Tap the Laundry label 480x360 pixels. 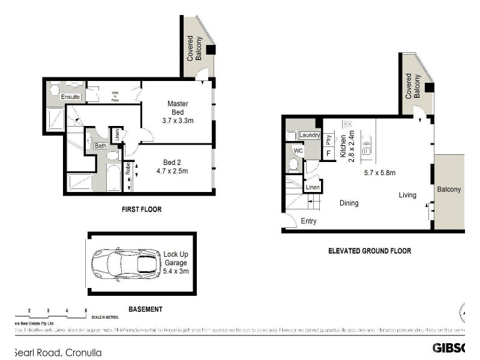pyautogui.click(x=309, y=135)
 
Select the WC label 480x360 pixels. pyautogui.click(x=298, y=150)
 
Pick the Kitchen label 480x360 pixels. pyautogui.click(x=344, y=146)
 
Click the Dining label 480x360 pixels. pyautogui.click(x=349, y=203)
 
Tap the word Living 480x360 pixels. pyautogui.click(x=408, y=196)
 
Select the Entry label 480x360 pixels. pyautogui.click(x=308, y=221)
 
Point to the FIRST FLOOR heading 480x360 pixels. pyautogui.click(x=142, y=209)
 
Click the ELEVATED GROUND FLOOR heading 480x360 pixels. pyautogui.click(x=370, y=251)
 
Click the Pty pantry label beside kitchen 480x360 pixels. pyautogui.click(x=329, y=140)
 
